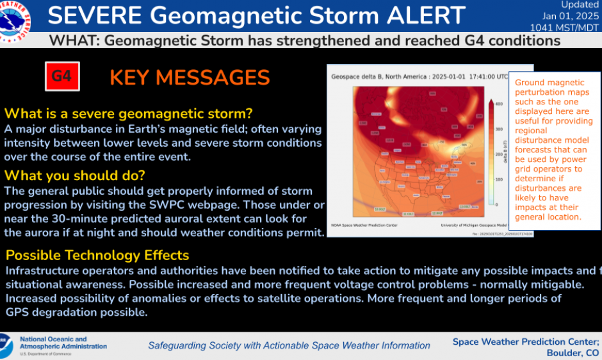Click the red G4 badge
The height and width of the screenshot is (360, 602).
point(61,77)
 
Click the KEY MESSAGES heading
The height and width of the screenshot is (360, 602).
point(190,78)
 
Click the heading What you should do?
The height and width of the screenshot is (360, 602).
point(75,175)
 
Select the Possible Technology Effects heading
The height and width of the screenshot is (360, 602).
point(97,254)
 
